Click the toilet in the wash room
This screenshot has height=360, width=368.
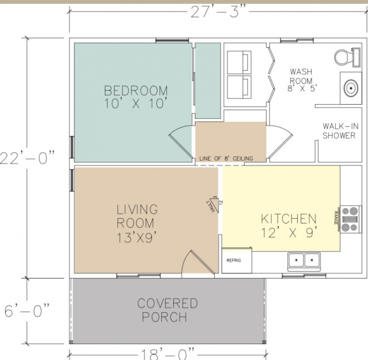[347, 57]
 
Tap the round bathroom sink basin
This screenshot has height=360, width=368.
[351, 88]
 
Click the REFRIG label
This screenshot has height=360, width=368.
[233, 260]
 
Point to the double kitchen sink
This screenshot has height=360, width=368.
[304, 261]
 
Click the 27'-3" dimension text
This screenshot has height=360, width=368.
[219, 12]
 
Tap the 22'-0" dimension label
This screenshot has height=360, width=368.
[27, 157]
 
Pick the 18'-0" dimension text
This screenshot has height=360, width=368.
[167, 354]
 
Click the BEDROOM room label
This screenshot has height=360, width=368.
[136, 90]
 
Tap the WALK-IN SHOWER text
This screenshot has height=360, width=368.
[340, 131]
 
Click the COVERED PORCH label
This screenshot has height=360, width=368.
[167, 310]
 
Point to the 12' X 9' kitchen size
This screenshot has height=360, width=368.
[289, 232]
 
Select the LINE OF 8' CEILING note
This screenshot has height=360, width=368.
[226, 158]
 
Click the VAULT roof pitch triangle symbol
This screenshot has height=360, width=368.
[214, 204]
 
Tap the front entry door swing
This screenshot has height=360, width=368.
[198, 263]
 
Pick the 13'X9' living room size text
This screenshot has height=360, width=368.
[136, 237]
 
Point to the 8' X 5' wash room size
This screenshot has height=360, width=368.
[302, 88]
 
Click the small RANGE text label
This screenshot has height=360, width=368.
[336, 218]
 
